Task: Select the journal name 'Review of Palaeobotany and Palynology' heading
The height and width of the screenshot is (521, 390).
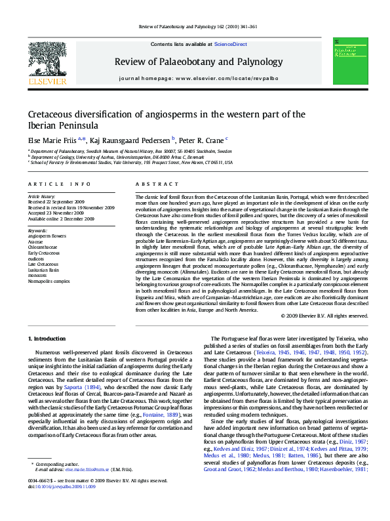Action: (x=198, y=62)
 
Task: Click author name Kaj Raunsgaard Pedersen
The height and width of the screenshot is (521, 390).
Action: (x=130, y=140)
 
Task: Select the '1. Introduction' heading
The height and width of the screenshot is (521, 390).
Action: (x=49, y=338)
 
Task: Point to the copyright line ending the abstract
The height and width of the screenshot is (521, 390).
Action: (x=324, y=316)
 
